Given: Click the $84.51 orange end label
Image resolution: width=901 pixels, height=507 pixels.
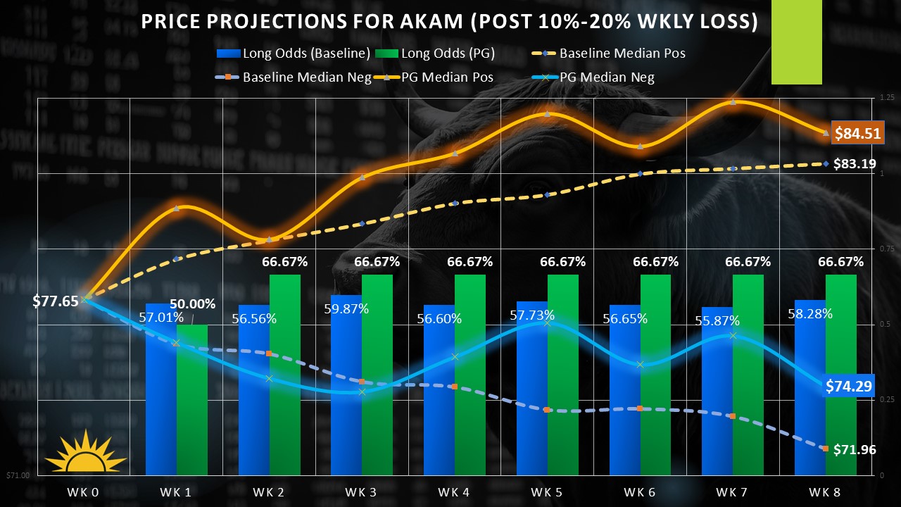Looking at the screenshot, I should (857, 132).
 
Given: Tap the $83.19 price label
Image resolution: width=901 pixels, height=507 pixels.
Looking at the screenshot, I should (854, 164).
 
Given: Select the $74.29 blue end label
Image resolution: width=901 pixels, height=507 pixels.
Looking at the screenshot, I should (849, 386).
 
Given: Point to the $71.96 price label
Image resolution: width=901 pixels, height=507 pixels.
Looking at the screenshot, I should (854, 449).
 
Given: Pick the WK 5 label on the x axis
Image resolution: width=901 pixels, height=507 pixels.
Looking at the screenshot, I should (547, 492).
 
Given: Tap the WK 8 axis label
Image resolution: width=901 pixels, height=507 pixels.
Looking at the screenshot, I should (825, 492).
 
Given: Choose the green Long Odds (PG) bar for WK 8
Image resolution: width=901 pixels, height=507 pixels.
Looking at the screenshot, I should (840, 373).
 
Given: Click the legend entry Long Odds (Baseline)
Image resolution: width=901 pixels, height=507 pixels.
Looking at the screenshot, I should (296, 53).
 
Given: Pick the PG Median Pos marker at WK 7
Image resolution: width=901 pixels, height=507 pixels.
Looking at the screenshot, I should (733, 102).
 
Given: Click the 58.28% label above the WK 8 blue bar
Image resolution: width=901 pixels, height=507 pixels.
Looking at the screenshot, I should (809, 313).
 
